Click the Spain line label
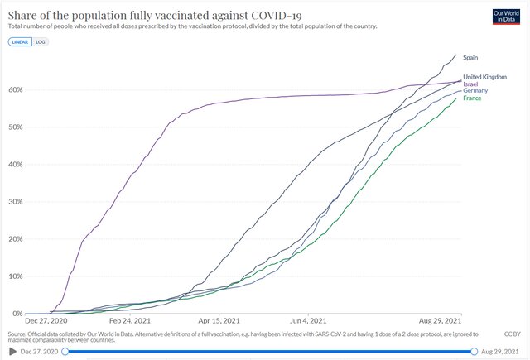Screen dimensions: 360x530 click(472, 57)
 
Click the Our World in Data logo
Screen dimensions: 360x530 click(506, 17)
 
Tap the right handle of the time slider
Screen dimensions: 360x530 click(475, 351)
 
